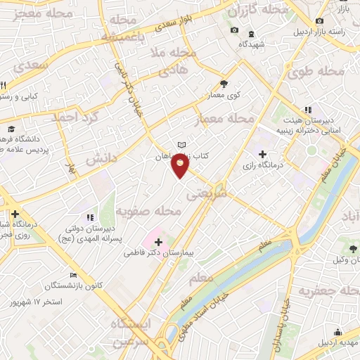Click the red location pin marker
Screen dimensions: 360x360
[181, 165]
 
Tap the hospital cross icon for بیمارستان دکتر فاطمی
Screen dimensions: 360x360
[158, 242]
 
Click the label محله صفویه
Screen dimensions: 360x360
[148, 210]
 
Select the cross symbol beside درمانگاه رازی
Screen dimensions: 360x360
[262, 154]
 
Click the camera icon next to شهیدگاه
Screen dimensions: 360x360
[234, 30]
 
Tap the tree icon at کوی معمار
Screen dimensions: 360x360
[224, 82]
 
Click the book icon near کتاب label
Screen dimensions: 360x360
[182, 146]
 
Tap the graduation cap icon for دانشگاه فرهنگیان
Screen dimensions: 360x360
[11, 129]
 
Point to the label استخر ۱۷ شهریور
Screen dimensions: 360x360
[35, 302]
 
